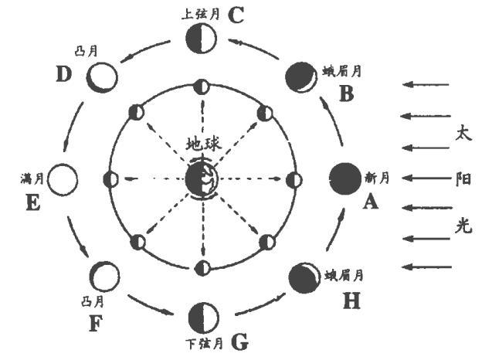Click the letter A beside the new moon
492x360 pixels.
pyautogui.click(x=370, y=203)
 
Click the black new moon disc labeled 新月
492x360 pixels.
pyautogui.click(x=344, y=179)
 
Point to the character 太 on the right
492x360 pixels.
pyautogui.click(x=464, y=132)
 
